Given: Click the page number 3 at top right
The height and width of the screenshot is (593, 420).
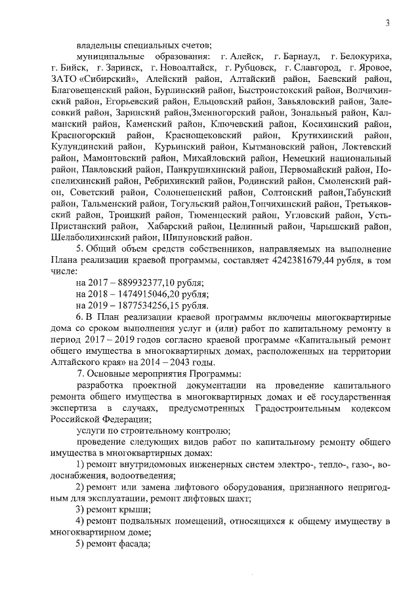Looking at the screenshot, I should tap(388, 24).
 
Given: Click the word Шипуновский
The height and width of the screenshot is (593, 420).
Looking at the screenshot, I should tap(213, 238).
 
